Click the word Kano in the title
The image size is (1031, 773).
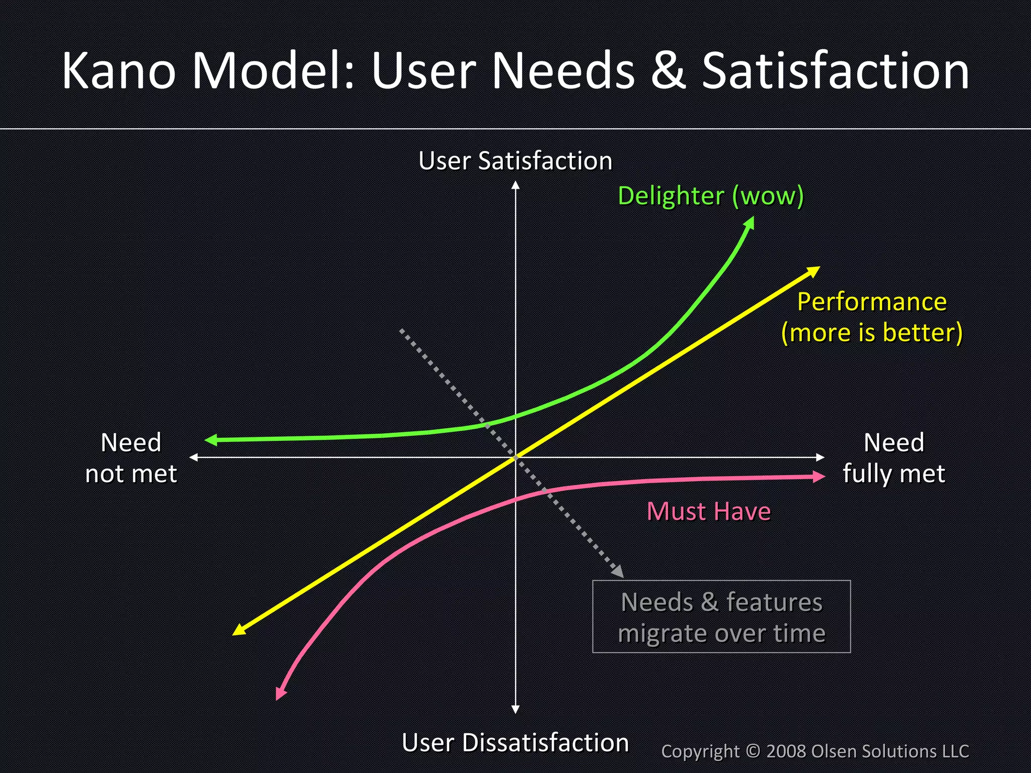click(119, 71)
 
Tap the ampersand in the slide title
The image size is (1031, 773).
click(668, 71)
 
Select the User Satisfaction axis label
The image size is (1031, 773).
click(515, 161)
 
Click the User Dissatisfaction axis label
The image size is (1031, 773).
click(515, 742)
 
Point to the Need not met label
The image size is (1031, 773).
click(131, 458)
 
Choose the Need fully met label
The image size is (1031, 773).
click(894, 458)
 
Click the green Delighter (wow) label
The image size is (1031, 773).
click(710, 195)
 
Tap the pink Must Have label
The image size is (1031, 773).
click(708, 511)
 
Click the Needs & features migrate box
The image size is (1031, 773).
click(721, 616)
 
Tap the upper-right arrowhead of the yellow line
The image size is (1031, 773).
click(814, 270)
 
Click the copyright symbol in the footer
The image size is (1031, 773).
click(753, 751)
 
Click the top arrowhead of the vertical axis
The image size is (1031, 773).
click(515, 185)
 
